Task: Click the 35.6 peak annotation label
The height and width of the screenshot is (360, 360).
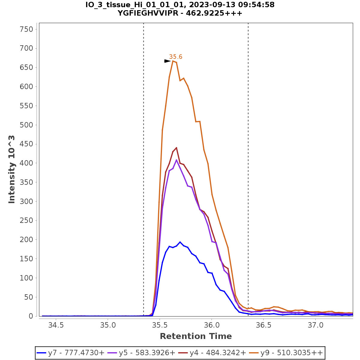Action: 175,57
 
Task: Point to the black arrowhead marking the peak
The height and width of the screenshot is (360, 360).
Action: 167,61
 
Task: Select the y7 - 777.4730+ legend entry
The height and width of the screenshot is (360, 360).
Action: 70,353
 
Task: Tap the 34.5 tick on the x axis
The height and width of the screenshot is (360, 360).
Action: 56,325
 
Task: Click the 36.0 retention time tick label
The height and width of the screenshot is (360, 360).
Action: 211,325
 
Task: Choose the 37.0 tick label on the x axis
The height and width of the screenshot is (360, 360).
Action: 315,325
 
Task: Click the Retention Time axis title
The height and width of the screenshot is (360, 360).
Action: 196,336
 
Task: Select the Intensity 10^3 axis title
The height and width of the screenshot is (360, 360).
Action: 12,169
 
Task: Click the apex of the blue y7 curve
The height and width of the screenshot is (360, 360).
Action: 180,242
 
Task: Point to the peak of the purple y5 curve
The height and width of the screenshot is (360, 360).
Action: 176,160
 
